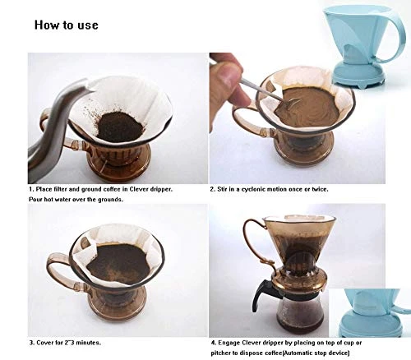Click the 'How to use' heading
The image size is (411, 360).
pyautogui.click(x=67, y=25)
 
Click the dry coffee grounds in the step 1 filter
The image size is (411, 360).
pyautogui.click(x=120, y=127)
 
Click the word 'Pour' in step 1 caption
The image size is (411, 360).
pyautogui.click(x=35, y=200)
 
